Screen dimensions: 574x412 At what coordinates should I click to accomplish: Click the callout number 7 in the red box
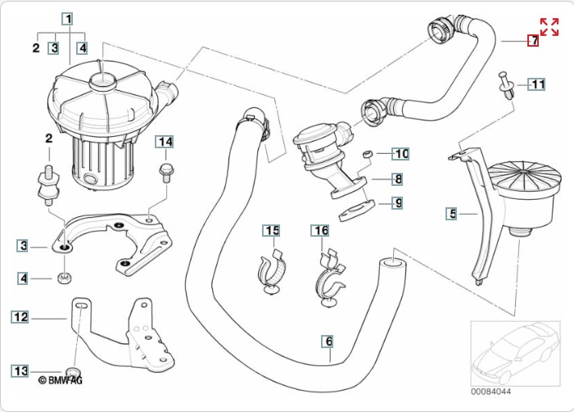coord(533,40)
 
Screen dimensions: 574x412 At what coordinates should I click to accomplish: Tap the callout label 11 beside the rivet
coord(536,84)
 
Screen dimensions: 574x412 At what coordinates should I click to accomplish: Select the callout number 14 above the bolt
coord(165,142)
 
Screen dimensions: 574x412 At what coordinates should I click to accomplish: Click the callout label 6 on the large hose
coord(328,342)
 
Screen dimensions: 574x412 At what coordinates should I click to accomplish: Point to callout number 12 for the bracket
coord(20,317)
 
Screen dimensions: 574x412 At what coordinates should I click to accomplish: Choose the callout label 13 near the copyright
coord(20,371)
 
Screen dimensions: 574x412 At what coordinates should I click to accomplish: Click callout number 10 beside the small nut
coord(400,154)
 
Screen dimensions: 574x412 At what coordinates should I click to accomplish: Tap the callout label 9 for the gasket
coord(397,203)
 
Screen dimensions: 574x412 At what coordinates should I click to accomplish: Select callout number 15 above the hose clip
coord(271,230)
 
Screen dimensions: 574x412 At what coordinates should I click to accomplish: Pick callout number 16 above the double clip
coord(320,230)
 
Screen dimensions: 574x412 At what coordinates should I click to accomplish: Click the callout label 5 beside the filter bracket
coord(452,214)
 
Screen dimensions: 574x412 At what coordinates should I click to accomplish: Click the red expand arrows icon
coord(549,27)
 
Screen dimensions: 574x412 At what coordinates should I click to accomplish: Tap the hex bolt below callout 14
coord(166,174)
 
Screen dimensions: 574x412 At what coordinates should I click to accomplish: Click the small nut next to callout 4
coord(65,278)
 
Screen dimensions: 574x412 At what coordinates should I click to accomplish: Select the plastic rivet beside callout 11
coord(507,85)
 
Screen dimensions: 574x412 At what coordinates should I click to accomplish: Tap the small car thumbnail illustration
coord(515,353)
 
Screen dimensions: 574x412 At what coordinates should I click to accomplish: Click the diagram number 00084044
coord(491,392)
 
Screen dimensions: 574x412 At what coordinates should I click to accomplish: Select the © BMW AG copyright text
coord(61,381)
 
